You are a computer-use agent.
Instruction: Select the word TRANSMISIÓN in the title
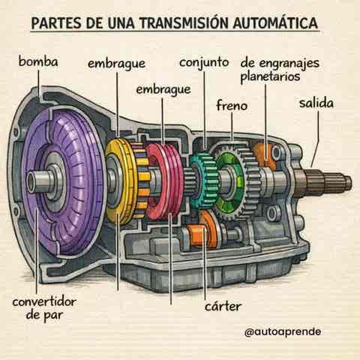click(x=184, y=22)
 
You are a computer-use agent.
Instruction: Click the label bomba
click(x=38, y=61)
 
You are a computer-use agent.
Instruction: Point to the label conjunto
click(x=204, y=62)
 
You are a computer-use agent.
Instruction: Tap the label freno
click(x=232, y=105)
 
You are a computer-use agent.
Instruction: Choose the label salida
click(x=316, y=103)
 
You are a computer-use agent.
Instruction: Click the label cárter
click(x=223, y=306)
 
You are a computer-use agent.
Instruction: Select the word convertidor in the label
click(x=44, y=301)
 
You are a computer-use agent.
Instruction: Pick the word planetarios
click(x=270, y=76)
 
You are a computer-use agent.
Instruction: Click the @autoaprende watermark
click(x=283, y=331)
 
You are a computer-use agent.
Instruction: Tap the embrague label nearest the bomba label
click(x=116, y=64)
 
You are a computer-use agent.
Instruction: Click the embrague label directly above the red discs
click(x=163, y=90)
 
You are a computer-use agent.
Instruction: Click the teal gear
click(x=203, y=181)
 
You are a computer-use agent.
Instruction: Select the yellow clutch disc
click(x=120, y=181)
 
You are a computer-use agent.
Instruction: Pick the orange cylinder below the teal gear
click(x=196, y=235)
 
